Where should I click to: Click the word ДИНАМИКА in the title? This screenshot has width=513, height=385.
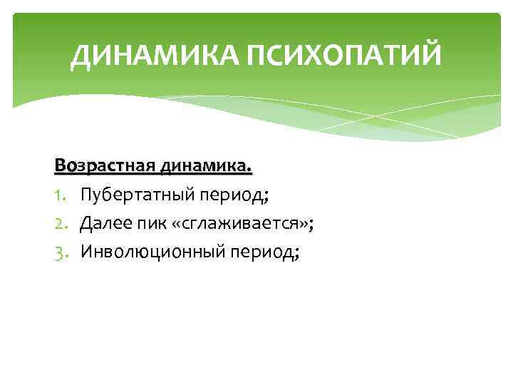pyautogui.click(x=155, y=57)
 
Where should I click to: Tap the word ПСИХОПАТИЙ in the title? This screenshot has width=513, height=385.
pyautogui.click(x=344, y=57)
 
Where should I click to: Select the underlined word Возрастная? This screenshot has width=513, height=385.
pyautogui.click(x=105, y=167)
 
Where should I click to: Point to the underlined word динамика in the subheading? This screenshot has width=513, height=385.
pyautogui.click(x=206, y=167)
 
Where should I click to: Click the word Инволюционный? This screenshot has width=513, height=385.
pyautogui.click(x=149, y=252)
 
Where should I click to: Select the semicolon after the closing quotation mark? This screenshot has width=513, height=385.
pyautogui.click(x=312, y=226)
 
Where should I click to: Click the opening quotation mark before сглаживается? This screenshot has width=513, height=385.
pyautogui.click(x=175, y=225)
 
